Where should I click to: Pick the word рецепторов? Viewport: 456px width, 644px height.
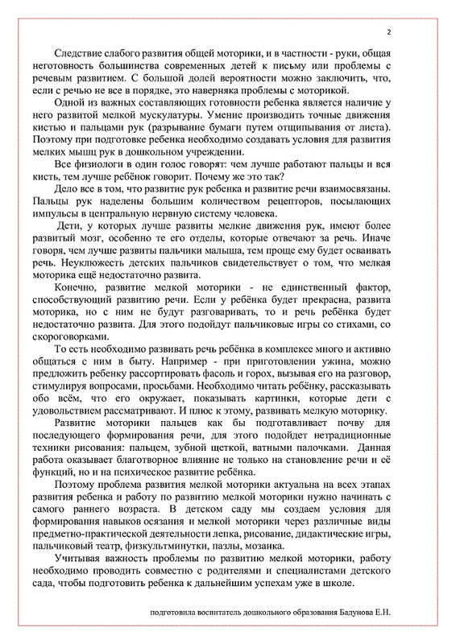(x=308, y=216)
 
